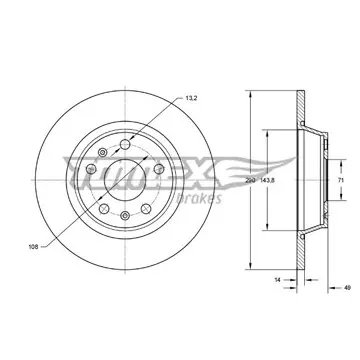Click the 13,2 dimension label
pos(191,98)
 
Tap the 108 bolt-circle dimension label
pos(34,247)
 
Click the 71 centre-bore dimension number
pos(341,180)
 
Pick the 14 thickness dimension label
pos(277,280)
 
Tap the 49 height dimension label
pos(347,287)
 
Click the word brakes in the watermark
pos(198,198)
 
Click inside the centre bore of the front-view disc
pos(125,180)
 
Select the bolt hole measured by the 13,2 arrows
pos(125,144)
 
